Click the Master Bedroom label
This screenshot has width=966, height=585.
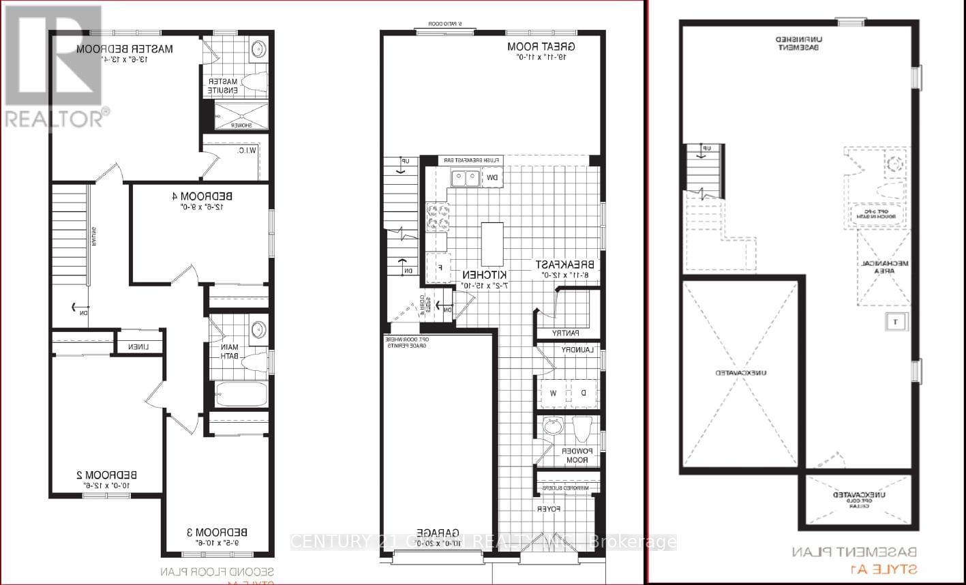124,48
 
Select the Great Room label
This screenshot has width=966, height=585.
541,46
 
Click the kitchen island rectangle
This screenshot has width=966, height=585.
492,244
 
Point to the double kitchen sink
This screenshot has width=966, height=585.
464,178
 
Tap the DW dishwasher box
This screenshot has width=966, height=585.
492,178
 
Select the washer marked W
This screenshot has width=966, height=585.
553,393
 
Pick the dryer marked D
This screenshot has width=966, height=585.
583,393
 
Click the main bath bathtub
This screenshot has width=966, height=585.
241,395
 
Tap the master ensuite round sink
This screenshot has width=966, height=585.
258,50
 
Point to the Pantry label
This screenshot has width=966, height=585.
567,333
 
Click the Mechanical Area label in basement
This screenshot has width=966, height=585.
884,266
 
